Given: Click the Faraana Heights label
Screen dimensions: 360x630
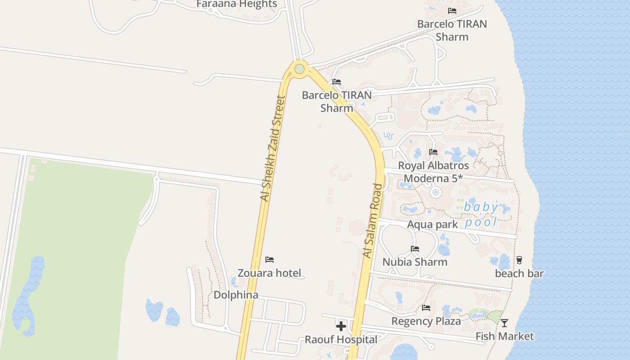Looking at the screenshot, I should [x=237, y=4].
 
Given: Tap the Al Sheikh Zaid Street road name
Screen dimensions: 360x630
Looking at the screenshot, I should [x=273, y=148].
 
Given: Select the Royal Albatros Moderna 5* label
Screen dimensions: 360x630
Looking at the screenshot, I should [x=433, y=172].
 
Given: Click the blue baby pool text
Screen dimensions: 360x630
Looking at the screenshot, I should [x=481, y=214].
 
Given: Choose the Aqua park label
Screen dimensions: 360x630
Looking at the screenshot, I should [x=432, y=224].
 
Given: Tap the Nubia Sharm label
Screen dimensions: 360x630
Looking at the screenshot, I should [x=415, y=262].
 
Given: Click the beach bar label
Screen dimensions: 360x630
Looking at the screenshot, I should [x=519, y=273].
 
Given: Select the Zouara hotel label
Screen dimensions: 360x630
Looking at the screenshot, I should [x=269, y=273].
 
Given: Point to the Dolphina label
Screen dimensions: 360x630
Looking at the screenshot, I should [x=236, y=295].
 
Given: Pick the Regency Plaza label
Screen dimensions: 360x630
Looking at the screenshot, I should [x=426, y=321].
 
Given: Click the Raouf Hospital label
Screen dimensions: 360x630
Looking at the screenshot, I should [x=341, y=339].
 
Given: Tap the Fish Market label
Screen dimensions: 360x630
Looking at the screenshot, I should [x=504, y=336].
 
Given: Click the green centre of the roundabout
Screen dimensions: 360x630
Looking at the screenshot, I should [x=299, y=69].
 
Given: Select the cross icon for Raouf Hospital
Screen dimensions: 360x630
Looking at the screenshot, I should [x=341, y=326].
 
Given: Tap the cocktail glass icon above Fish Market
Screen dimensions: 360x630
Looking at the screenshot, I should [x=504, y=323].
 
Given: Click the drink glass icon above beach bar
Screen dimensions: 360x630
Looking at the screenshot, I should [x=519, y=260].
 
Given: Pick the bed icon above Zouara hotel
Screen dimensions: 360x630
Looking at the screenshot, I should [x=270, y=260].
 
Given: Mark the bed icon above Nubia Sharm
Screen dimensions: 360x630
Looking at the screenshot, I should [x=415, y=249].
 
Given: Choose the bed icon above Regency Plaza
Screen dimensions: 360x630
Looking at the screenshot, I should [x=426, y=308].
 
